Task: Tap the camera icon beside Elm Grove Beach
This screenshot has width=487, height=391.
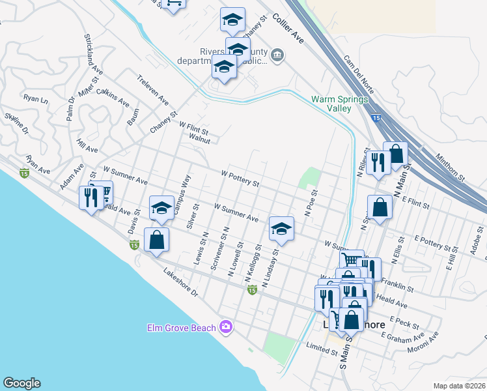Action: (226, 326)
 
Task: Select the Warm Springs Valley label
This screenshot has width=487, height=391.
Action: (339, 104)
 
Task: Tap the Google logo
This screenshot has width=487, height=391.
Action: (21, 383)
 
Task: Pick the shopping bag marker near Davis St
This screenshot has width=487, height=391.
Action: (157, 240)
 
